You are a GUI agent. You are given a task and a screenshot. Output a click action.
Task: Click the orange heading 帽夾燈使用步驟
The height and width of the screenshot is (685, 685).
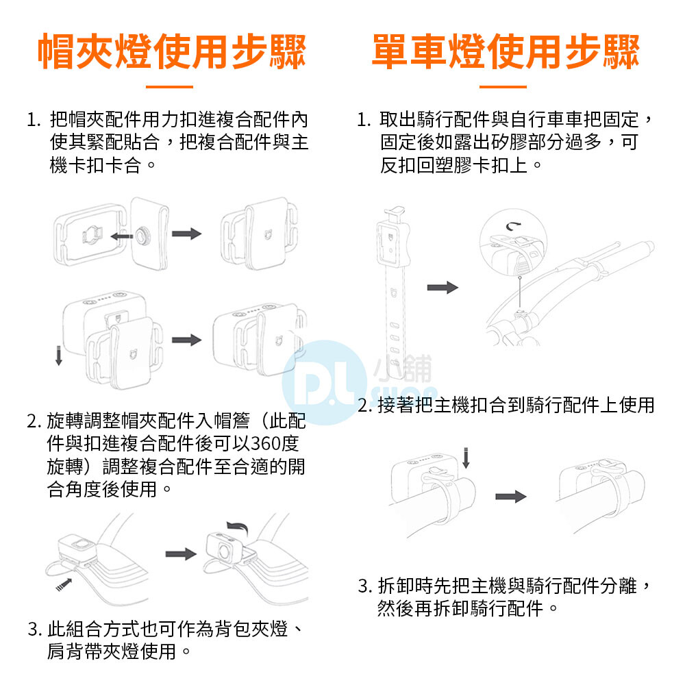tap(171, 51)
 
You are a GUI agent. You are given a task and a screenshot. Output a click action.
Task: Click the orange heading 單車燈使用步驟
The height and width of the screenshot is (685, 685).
tap(505, 51)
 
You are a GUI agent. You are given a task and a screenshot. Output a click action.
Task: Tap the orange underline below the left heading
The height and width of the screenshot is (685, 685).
tap(169, 87)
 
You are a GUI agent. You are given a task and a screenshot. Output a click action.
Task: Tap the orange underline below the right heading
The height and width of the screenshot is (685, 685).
tap(503, 87)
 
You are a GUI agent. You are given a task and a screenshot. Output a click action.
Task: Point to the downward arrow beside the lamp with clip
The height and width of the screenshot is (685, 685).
tap(58, 355)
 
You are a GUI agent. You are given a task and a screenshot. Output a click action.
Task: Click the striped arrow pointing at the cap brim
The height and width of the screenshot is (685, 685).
tap(64, 584)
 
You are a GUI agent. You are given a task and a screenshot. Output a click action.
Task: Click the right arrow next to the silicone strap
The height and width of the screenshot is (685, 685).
tap(443, 288)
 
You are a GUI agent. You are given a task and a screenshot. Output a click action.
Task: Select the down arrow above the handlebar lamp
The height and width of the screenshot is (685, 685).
tap(466, 458)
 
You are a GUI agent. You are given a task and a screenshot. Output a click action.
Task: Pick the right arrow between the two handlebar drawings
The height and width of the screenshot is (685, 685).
tap(511, 496)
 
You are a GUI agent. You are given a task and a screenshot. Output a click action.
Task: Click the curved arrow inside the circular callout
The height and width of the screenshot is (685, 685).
tap(514, 226)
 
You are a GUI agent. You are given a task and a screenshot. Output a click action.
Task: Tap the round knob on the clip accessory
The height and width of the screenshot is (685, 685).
tap(142, 236)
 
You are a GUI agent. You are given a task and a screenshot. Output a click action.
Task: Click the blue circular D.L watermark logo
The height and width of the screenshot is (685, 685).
tap(324, 382)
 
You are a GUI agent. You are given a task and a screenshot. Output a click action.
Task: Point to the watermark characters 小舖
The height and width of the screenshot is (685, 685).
tap(402, 369)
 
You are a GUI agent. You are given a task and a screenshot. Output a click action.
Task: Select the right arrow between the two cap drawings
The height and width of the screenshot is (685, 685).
tap(181, 554)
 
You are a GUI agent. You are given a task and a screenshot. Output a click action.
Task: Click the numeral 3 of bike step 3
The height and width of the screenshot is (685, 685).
tap(364, 586)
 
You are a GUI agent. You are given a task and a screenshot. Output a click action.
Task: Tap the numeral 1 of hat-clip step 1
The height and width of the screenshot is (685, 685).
tap(32, 120)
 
